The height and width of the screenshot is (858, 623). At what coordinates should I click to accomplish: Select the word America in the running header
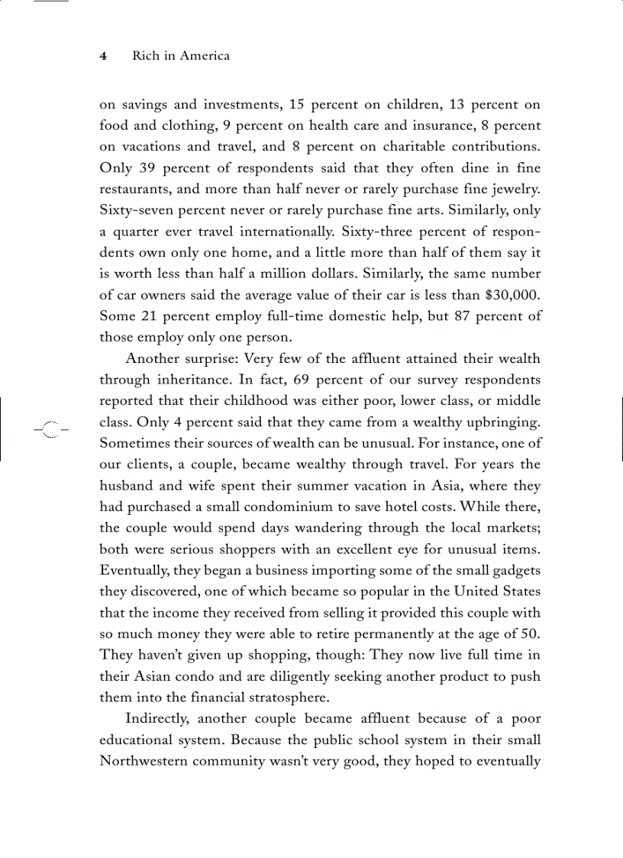pos(204,56)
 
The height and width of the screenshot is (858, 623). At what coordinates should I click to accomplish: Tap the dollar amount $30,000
pos(513,294)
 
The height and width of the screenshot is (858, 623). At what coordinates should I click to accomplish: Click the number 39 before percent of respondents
pos(148,167)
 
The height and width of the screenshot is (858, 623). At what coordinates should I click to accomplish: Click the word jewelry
pos(516,189)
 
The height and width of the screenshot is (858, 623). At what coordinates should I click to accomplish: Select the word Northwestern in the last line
pos(145,761)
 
